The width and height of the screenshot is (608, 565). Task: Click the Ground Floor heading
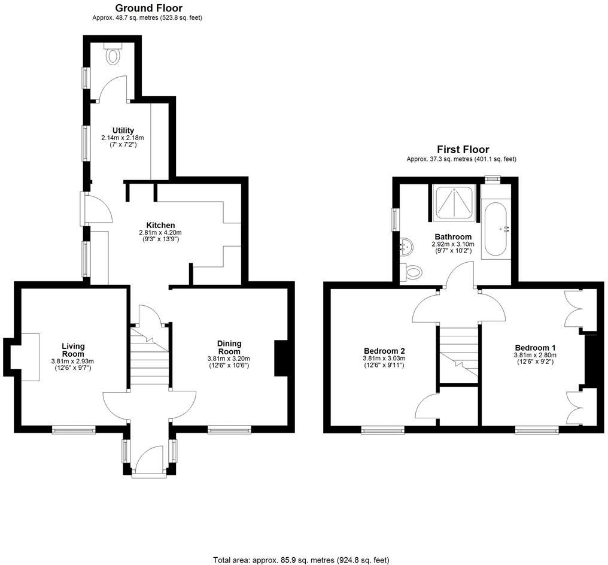pyautogui.click(x=148, y=8)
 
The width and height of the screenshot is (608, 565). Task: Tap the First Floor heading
pyautogui.click(x=463, y=150)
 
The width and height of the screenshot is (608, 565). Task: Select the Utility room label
pyautogui.click(x=123, y=130)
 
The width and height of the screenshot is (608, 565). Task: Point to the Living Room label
pyautogui.click(x=73, y=350)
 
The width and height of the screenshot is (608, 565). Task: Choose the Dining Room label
pyautogui.click(x=229, y=347)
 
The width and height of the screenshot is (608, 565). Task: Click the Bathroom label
pyautogui.click(x=453, y=236)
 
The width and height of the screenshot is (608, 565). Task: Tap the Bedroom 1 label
pyautogui.click(x=535, y=347)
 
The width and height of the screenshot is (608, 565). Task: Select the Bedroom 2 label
pyautogui.click(x=384, y=351)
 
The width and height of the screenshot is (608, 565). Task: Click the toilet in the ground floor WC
pyautogui.click(x=113, y=55)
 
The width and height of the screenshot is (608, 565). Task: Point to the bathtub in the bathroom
pyautogui.click(x=496, y=229)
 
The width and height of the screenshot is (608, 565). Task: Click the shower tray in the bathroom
pyautogui.click(x=455, y=203)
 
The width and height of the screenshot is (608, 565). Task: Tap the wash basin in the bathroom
pyautogui.click(x=406, y=245)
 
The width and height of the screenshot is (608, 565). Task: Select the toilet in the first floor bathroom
pyautogui.click(x=412, y=272)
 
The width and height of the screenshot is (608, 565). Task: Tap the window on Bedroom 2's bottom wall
pyautogui.click(x=382, y=429)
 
